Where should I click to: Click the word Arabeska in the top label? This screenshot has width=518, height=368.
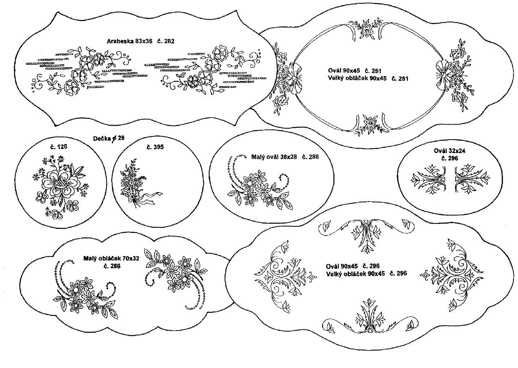(120, 42)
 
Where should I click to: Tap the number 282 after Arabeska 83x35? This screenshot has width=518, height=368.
(169, 42)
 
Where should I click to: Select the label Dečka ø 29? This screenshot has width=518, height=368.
(109, 138)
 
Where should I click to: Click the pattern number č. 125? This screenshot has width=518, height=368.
(59, 147)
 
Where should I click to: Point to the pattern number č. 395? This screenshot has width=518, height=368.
(155, 147)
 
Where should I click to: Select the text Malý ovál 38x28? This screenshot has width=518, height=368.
(274, 157)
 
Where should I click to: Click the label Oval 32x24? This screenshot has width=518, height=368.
(450, 151)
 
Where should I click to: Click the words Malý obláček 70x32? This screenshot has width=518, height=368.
(111, 258)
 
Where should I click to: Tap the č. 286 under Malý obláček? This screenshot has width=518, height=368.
(112, 266)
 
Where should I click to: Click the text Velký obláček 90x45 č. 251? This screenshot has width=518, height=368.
(368, 79)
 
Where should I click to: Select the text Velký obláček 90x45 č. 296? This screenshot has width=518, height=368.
(367, 274)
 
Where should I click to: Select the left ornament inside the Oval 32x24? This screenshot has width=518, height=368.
(428, 180)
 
